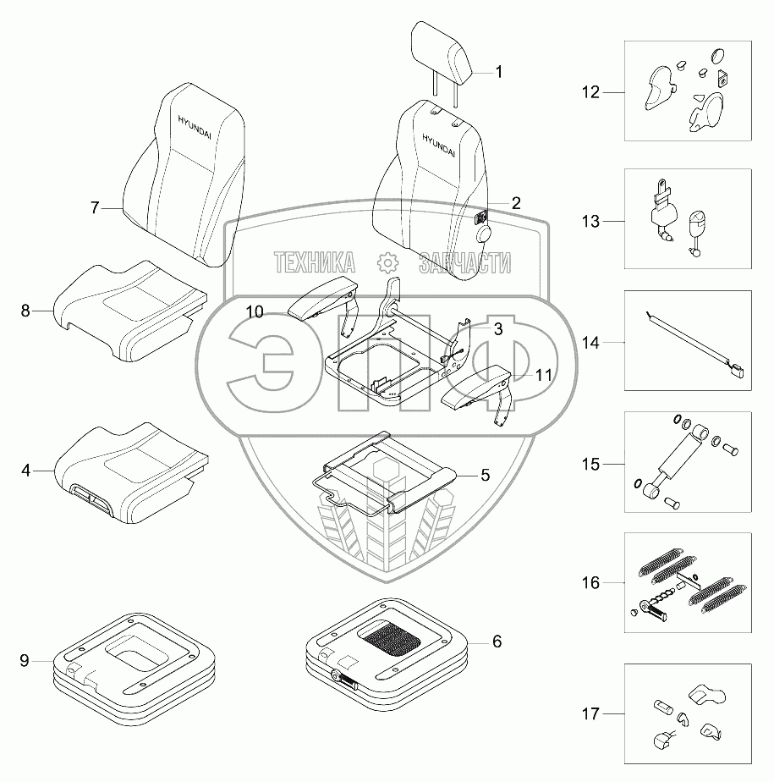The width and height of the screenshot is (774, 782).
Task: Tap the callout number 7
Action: coord(96,207)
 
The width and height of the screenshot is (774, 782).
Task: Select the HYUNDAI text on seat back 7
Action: coord(196,124)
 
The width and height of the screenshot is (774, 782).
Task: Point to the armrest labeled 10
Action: coord(327,300)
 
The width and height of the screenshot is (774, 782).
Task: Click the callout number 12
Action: coord(590,91)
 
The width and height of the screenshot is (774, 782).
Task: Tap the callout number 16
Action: coord(590,582)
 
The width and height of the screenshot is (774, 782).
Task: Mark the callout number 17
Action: coord(590,714)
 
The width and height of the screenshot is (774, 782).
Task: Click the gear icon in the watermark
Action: coord(387,263)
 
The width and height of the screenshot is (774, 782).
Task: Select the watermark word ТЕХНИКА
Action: coord(313,263)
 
